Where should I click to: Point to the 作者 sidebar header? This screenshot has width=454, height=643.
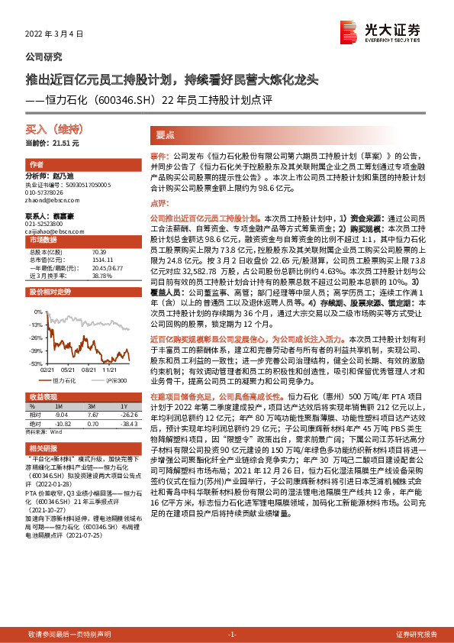[36, 164]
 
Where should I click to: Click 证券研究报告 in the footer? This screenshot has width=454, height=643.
[417, 635]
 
